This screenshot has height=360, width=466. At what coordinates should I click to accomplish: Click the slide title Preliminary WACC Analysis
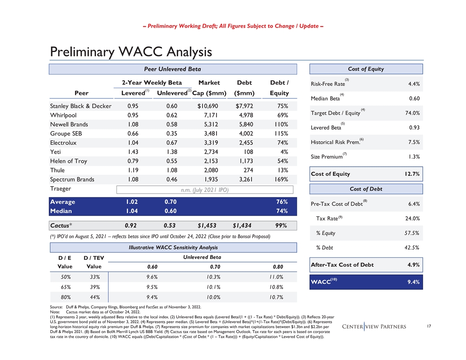click(x=131, y=52)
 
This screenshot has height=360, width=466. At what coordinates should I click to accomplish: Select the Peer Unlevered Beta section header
click(x=173, y=69)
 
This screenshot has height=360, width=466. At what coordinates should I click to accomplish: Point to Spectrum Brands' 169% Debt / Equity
click(x=279, y=180)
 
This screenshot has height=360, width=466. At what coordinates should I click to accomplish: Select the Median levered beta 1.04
click(x=133, y=210)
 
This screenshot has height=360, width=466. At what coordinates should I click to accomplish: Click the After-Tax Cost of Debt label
click(x=342, y=265)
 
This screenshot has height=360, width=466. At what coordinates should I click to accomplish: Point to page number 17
click(x=430, y=327)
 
